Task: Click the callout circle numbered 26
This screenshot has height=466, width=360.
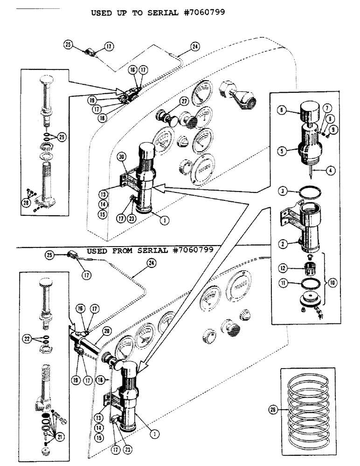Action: tap(272, 410)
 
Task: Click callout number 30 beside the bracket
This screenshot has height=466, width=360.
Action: tap(122, 158)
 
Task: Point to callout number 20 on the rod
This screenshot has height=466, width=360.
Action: tap(106, 330)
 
